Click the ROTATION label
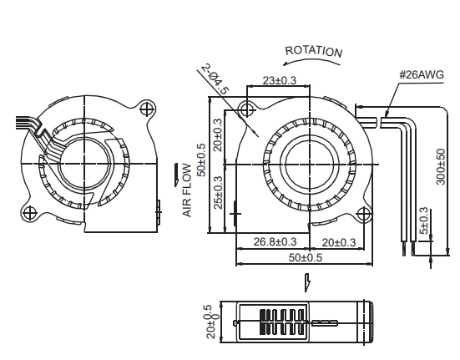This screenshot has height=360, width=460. click(x=314, y=51)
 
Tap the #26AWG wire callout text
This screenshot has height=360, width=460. click(x=422, y=75)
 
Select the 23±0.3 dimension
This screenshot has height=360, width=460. click(x=280, y=80)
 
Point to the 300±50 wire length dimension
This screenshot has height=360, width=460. click(x=441, y=167)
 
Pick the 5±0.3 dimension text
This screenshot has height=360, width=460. click(x=424, y=221)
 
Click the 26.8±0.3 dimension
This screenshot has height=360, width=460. click(x=275, y=241)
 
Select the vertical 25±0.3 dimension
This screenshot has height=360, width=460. click(x=218, y=192)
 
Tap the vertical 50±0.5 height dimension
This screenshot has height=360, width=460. click(x=202, y=160)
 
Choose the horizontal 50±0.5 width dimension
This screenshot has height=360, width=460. click(x=306, y=257)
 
